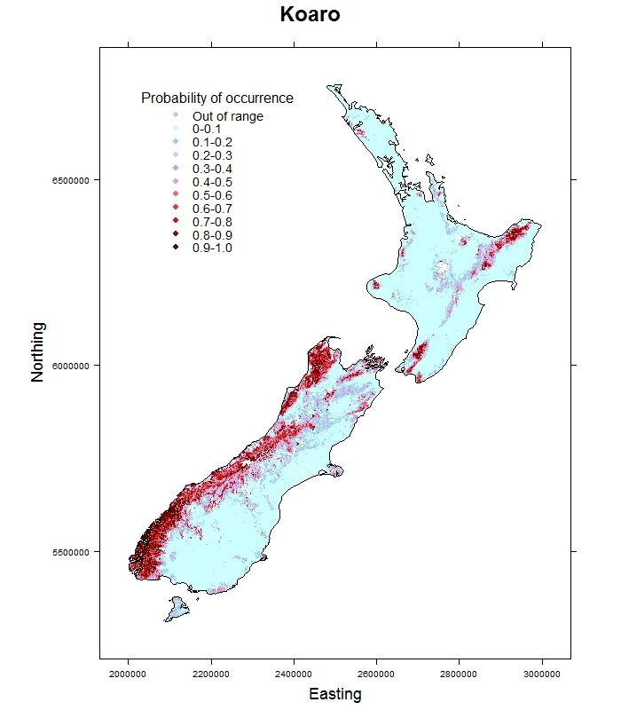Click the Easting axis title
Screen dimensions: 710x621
click(x=335, y=694)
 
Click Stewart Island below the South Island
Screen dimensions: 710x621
click(x=176, y=610)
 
